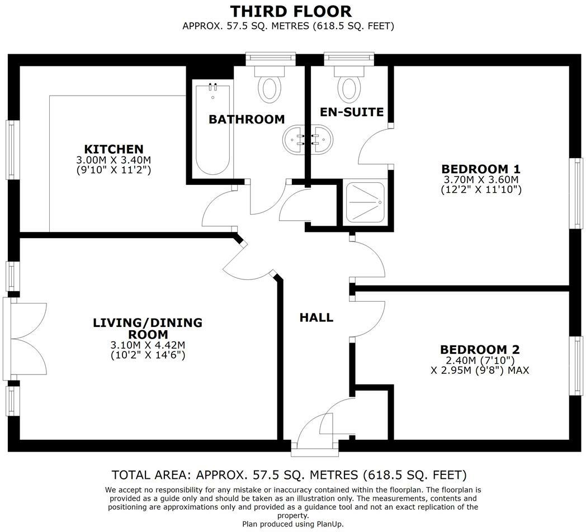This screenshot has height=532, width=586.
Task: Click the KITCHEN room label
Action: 114,149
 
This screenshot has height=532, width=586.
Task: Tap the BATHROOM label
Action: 247,119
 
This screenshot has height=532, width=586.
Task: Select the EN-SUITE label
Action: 352,112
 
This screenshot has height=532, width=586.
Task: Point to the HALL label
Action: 316,317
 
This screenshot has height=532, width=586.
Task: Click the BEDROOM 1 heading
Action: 481,169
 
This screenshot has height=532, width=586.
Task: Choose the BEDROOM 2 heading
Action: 480,350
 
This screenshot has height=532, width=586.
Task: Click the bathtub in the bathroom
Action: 212,129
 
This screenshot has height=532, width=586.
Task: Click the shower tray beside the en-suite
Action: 366,202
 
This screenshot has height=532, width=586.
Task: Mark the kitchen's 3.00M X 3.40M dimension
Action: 114,160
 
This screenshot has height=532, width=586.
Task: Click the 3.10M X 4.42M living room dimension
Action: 148,345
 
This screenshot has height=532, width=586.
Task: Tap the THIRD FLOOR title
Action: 291,12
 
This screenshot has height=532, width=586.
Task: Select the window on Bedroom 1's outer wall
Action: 576,193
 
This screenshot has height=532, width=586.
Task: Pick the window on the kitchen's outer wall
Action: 12,149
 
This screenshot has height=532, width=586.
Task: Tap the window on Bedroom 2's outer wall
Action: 576,365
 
